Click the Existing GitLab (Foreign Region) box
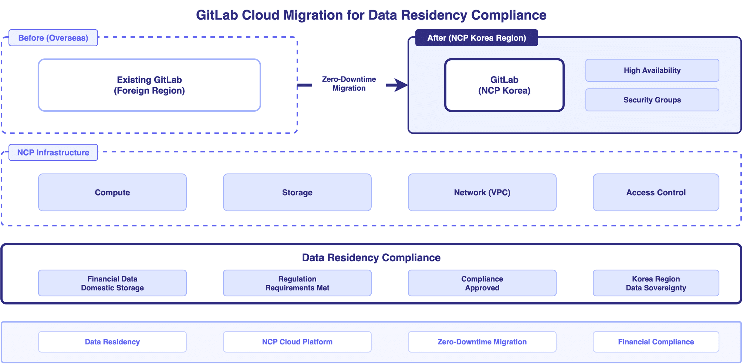coord(149,85)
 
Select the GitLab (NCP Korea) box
coord(504,85)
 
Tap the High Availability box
coord(652,70)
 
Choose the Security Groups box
coord(652,100)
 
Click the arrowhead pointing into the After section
coord(401,85)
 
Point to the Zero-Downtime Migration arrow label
coord(349,84)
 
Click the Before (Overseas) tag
coord(53,38)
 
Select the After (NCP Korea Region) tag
coord(476,38)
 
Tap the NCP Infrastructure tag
coord(53,152)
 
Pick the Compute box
coord(112,192)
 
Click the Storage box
coord(297,192)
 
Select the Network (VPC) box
coord(482,192)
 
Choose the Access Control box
coord(656,192)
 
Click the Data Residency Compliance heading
coord(371,257)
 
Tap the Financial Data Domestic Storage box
coord(112,283)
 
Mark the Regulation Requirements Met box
coord(297,283)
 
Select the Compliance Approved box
coord(482,283)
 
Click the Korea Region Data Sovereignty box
coord(656,283)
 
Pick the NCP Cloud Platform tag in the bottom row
coord(297,342)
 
